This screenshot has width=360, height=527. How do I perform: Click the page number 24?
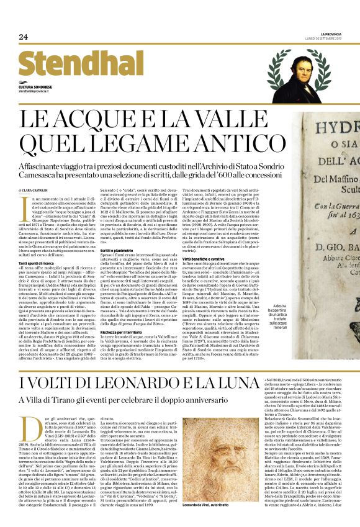tap(24, 37)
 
